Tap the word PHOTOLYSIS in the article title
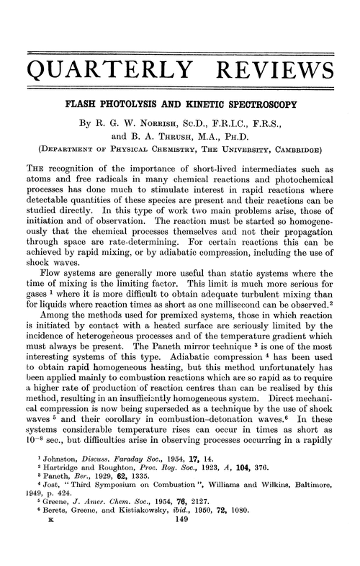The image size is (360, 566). click(x=144, y=107)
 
